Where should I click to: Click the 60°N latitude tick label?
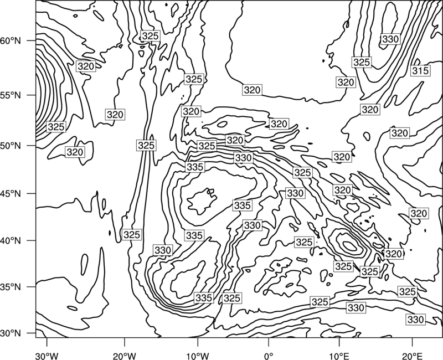(11, 41)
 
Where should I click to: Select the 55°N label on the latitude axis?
(11, 95)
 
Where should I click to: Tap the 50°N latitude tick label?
(11, 146)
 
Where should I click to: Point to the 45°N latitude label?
(11, 193)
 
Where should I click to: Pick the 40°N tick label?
(11, 241)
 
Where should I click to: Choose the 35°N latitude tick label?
(11, 287)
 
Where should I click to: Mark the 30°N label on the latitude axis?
(11, 333)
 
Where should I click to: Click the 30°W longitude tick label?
(47, 356)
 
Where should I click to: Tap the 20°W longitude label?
(124, 356)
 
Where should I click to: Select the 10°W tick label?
(198, 356)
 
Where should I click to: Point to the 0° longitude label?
(269, 356)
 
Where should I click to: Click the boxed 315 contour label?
(420, 71)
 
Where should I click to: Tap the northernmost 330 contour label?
(390, 39)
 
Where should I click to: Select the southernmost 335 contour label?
(204, 298)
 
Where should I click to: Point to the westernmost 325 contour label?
(56, 127)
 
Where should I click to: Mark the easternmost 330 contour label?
(416, 320)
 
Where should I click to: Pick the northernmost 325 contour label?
(150, 36)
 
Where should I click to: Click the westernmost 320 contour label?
(75, 152)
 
